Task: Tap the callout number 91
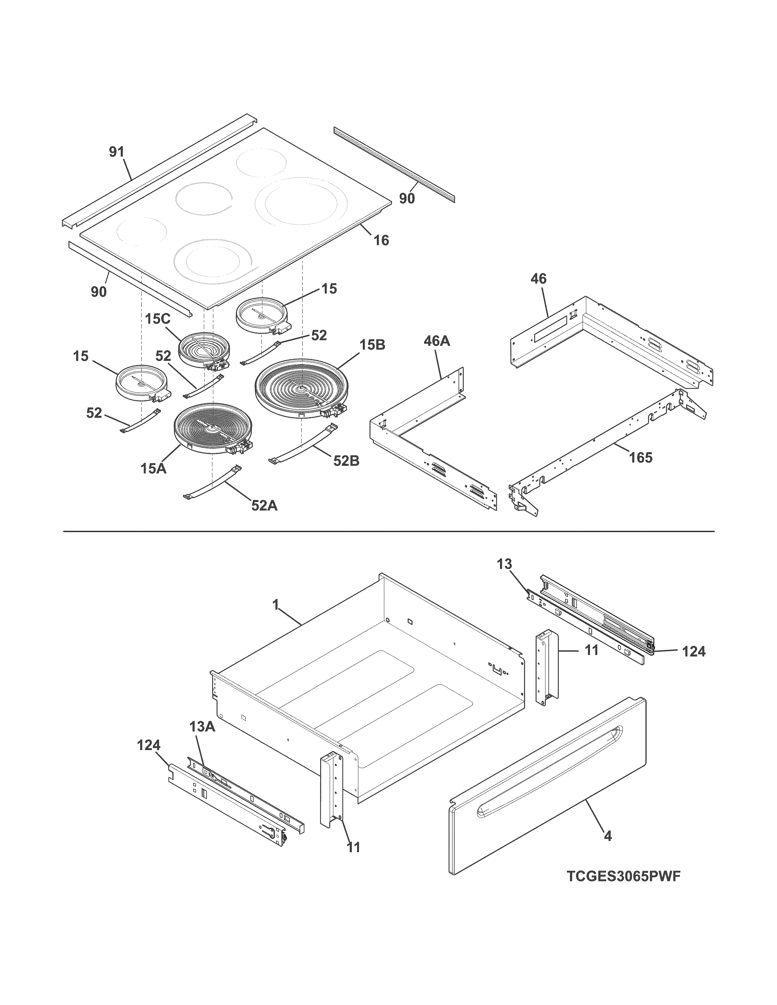[x=116, y=152]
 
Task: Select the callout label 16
[x=381, y=240]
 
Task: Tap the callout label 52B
[x=346, y=460]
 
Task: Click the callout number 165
[x=641, y=457]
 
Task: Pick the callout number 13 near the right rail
[x=505, y=564]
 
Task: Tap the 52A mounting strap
[x=212, y=482]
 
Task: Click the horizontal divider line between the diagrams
[x=388, y=531]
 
